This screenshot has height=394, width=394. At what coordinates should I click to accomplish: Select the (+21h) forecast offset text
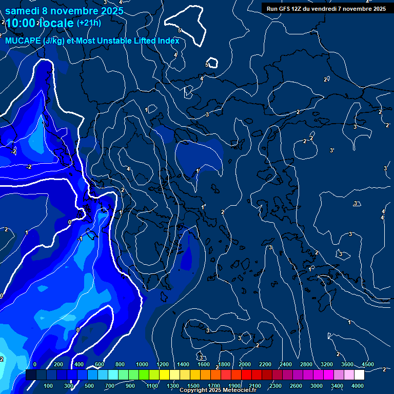(x=89, y=23)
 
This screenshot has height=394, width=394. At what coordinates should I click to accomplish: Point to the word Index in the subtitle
(x=168, y=41)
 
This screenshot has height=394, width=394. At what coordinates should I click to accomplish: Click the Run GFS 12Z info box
(x=326, y=8)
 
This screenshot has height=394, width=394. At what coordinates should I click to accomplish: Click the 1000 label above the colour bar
(x=142, y=364)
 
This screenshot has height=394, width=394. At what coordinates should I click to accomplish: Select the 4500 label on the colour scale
(x=367, y=364)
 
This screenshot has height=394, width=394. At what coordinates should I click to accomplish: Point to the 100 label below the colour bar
(x=49, y=386)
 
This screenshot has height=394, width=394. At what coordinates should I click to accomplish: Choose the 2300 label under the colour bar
(x=275, y=386)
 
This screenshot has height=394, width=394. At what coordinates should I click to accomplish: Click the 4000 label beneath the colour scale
(x=358, y=386)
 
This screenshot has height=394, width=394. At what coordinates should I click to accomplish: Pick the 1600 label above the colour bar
(x=204, y=364)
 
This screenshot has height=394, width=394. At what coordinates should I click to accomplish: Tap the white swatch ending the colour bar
(x=359, y=375)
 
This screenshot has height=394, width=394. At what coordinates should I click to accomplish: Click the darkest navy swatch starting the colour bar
(x=31, y=375)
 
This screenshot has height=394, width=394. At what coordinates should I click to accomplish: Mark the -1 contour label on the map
(x=80, y=240)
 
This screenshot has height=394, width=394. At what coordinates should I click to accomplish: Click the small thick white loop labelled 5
(x=211, y=63)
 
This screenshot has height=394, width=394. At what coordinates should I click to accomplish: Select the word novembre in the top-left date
(x=75, y=11)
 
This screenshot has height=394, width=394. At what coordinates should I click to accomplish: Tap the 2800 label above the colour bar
(x=306, y=364)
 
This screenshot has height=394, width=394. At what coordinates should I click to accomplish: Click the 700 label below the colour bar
(x=110, y=386)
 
